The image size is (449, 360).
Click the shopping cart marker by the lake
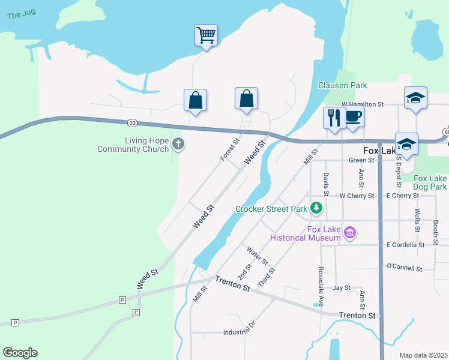click(205, 35)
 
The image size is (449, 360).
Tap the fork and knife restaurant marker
click(334, 118)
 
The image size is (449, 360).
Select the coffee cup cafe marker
click(354, 117)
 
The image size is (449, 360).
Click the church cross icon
click(178, 143)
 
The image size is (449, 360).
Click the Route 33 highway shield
click(132, 123)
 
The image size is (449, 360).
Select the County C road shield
click(136, 313)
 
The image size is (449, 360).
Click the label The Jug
click(21, 15)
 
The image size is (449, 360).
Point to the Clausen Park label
click(342, 86)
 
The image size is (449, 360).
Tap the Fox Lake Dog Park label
click(430, 182)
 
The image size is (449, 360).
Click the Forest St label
click(230, 149)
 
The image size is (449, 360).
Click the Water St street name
click(257, 256)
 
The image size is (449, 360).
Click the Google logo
click(20, 353)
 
